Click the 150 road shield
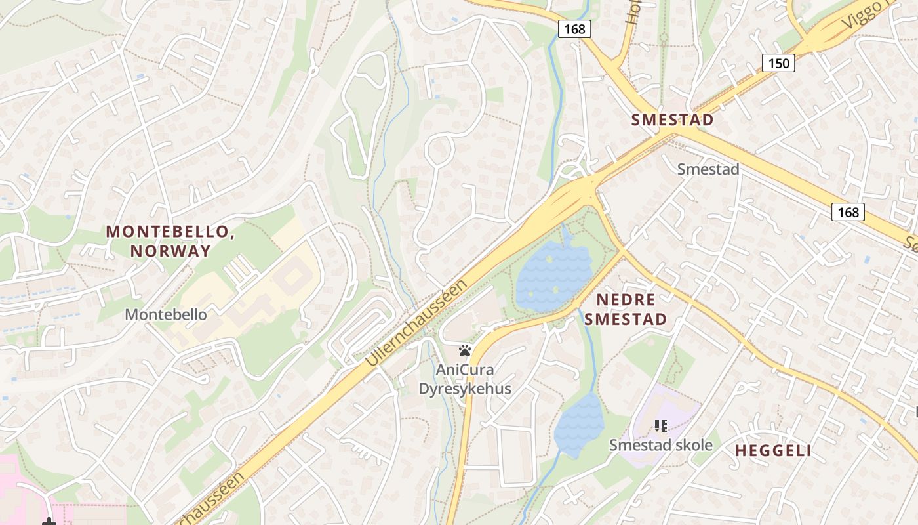coord(778,63)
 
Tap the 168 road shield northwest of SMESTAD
coord(574,29)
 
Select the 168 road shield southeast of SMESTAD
coord(848,212)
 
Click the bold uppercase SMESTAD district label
coord(672,120)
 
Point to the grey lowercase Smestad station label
coord(708,169)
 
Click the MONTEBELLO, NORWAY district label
coord(170,241)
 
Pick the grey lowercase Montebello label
coord(166,314)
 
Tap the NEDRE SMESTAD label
coord(626,310)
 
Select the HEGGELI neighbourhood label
coord(773,451)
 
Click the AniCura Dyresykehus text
coord(465,379)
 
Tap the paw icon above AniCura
coord(466,350)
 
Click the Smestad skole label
coord(661,445)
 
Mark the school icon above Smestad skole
coord(661,426)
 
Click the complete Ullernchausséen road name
coord(417,322)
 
